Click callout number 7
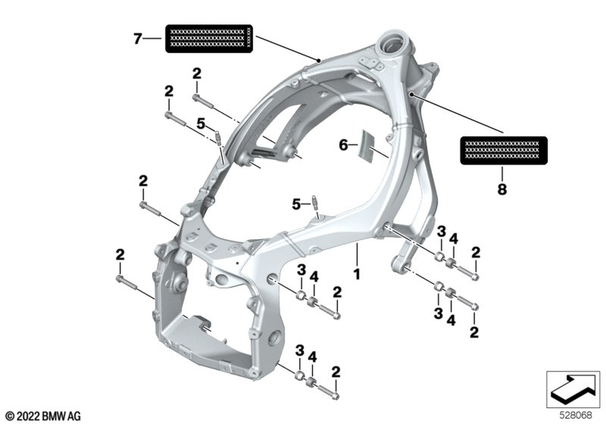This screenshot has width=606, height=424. point(138,39)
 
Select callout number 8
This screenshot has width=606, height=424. point(502,189)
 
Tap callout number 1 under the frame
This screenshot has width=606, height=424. point(357,274)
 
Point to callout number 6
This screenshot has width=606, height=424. point(344,145)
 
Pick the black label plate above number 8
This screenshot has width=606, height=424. point(504,150)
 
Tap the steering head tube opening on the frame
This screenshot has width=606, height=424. point(391,44)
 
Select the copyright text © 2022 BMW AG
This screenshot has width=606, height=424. point(44,416)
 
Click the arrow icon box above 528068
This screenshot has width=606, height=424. point(569,389)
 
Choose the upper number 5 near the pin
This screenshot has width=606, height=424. point(201,124)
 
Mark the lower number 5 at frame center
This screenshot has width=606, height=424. point(296,205)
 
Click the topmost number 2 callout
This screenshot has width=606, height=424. point(196,73)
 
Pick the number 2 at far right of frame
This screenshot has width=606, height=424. point(476,252)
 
